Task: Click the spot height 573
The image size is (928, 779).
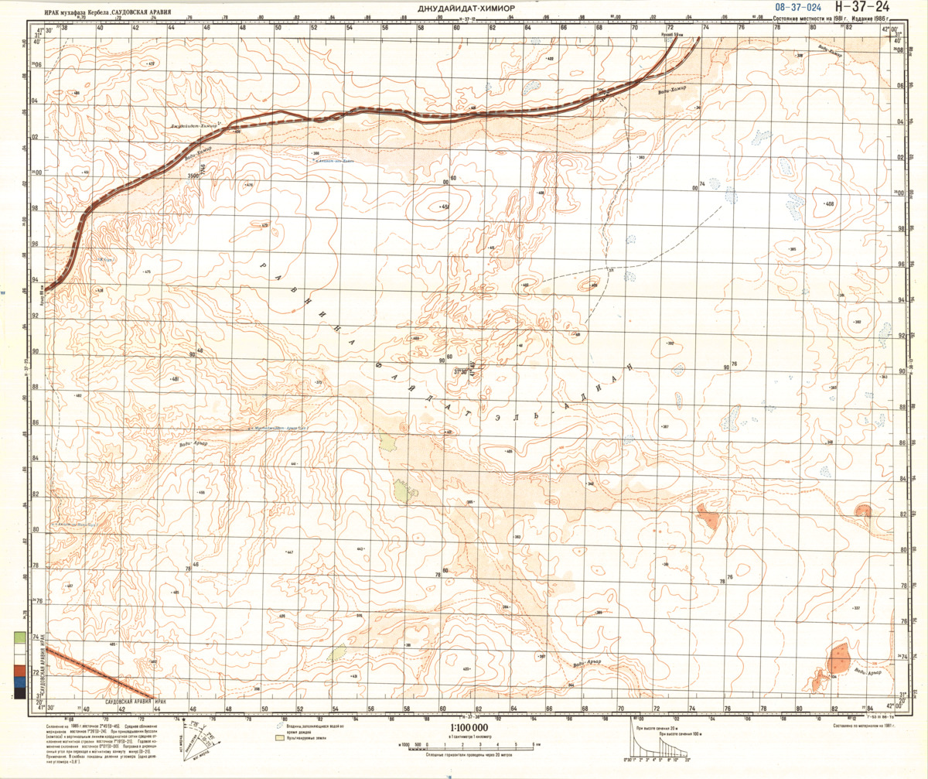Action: (x=264, y=226)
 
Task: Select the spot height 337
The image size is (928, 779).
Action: (x=856, y=609)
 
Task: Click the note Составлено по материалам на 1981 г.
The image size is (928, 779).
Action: (x=865, y=726)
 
